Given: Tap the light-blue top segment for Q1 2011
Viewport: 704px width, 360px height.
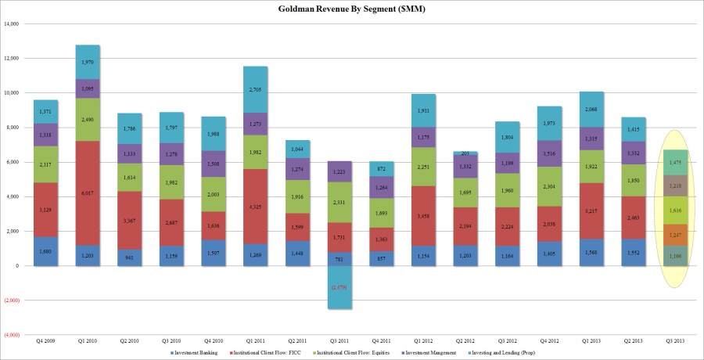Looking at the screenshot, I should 255,89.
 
